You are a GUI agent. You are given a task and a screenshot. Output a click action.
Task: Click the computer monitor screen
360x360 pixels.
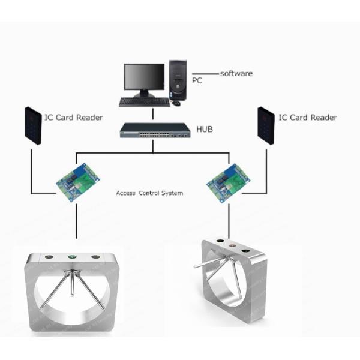144,76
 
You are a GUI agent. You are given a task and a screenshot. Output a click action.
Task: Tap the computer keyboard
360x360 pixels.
145,102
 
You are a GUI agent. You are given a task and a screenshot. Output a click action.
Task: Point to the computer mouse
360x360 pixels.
176,103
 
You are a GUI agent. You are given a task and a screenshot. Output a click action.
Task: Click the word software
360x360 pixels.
236,73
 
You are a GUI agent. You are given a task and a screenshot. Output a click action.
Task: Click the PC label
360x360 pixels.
197,80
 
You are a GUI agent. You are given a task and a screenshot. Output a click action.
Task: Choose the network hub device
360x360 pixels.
155,130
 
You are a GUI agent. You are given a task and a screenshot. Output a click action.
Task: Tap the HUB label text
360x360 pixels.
205,129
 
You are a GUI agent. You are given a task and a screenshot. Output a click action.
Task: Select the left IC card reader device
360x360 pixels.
33,125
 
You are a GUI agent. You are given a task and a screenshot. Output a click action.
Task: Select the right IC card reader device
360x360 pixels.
266,125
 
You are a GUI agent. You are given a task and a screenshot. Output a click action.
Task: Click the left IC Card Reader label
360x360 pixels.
73,118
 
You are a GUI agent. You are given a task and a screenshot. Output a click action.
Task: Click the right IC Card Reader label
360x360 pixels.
308,118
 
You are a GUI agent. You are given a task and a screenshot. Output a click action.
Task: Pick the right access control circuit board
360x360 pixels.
228,183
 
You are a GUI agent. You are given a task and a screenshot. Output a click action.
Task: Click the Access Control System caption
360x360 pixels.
149,193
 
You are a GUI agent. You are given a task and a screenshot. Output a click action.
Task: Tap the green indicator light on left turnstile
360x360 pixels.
73,257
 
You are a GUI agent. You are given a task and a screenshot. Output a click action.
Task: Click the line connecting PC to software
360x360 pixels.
205,74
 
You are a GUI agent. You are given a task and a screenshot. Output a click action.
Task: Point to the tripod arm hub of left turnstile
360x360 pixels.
73,273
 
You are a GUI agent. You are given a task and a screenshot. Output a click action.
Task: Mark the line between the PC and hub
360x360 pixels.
153,114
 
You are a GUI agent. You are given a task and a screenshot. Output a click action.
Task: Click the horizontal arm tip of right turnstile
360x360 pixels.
195,267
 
